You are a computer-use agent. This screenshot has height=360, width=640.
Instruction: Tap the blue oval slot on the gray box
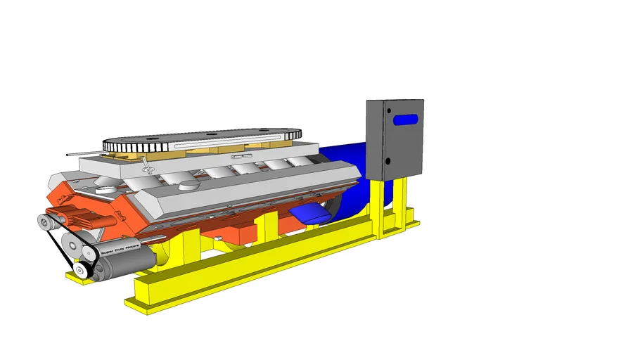click(406, 120)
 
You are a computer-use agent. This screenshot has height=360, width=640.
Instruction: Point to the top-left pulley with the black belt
click(46, 222)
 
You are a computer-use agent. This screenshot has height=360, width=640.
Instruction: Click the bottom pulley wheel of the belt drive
click(82, 269)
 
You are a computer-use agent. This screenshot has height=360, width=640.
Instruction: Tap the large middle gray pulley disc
click(72, 243)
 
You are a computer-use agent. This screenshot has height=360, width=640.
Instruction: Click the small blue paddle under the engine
click(309, 213)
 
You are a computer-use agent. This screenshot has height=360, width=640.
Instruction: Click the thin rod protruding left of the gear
click(83, 151)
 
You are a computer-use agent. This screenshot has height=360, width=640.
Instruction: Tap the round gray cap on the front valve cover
click(189, 186)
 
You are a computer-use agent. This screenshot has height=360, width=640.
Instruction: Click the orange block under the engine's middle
click(243, 233)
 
